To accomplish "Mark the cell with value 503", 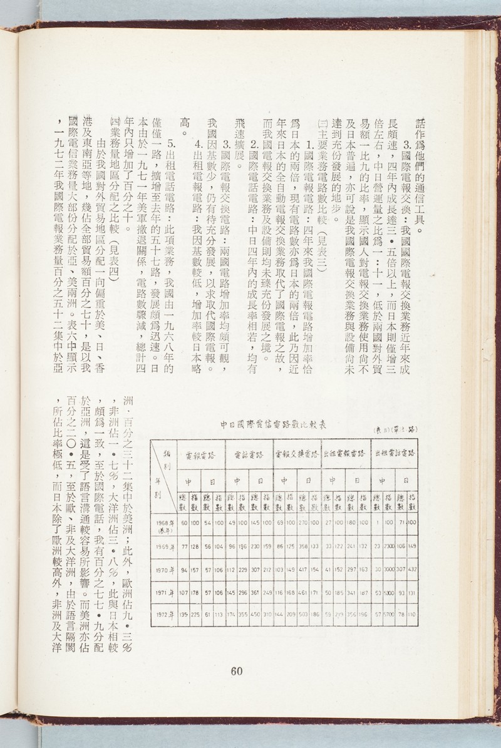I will pyautogui.click(x=304, y=614).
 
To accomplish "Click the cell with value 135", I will pyautogui.click(x=184, y=614).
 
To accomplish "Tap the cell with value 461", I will pyautogui.click(x=304, y=592).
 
